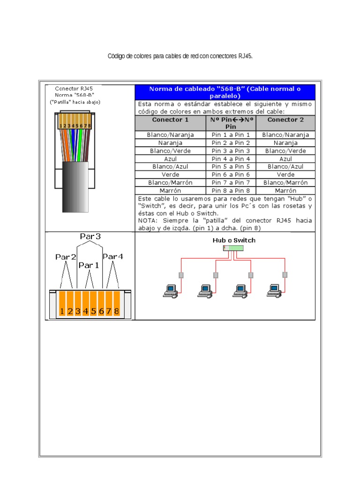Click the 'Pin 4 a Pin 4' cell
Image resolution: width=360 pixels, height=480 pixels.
pos(231,159)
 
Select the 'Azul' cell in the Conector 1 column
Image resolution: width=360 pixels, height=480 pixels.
pos(170,159)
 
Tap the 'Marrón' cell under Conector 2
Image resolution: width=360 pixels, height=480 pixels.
pos(285,191)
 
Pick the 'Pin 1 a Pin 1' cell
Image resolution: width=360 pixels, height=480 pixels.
pos(231,135)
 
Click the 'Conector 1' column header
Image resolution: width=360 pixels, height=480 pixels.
pos(170,120)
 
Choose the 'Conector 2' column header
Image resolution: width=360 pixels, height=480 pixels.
pos(285,120)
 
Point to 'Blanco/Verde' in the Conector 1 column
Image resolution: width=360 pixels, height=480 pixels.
pos(170,151)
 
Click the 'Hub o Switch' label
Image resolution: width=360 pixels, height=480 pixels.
pos(234,240)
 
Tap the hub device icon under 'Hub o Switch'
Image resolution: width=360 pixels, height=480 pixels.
pos(233,247)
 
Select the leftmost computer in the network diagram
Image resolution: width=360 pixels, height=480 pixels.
pos(170,291)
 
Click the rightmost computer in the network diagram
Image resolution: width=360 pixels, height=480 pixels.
pos(274,290)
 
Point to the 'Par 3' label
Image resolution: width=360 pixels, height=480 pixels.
pos(90,237)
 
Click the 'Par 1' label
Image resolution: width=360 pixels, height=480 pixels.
pos(89,265)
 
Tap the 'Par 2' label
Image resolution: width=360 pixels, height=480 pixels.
pos(66,257)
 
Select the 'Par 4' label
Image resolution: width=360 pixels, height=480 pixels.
pos(112,256)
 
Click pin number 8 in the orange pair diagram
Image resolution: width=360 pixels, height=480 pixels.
pos(116,311)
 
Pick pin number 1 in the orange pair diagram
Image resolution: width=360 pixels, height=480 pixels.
pos(62,311)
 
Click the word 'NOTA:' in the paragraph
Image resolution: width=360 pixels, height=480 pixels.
pos(149,220)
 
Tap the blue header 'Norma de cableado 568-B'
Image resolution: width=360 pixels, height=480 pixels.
pos(225,92)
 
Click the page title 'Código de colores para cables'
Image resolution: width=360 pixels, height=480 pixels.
pos(180,56)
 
